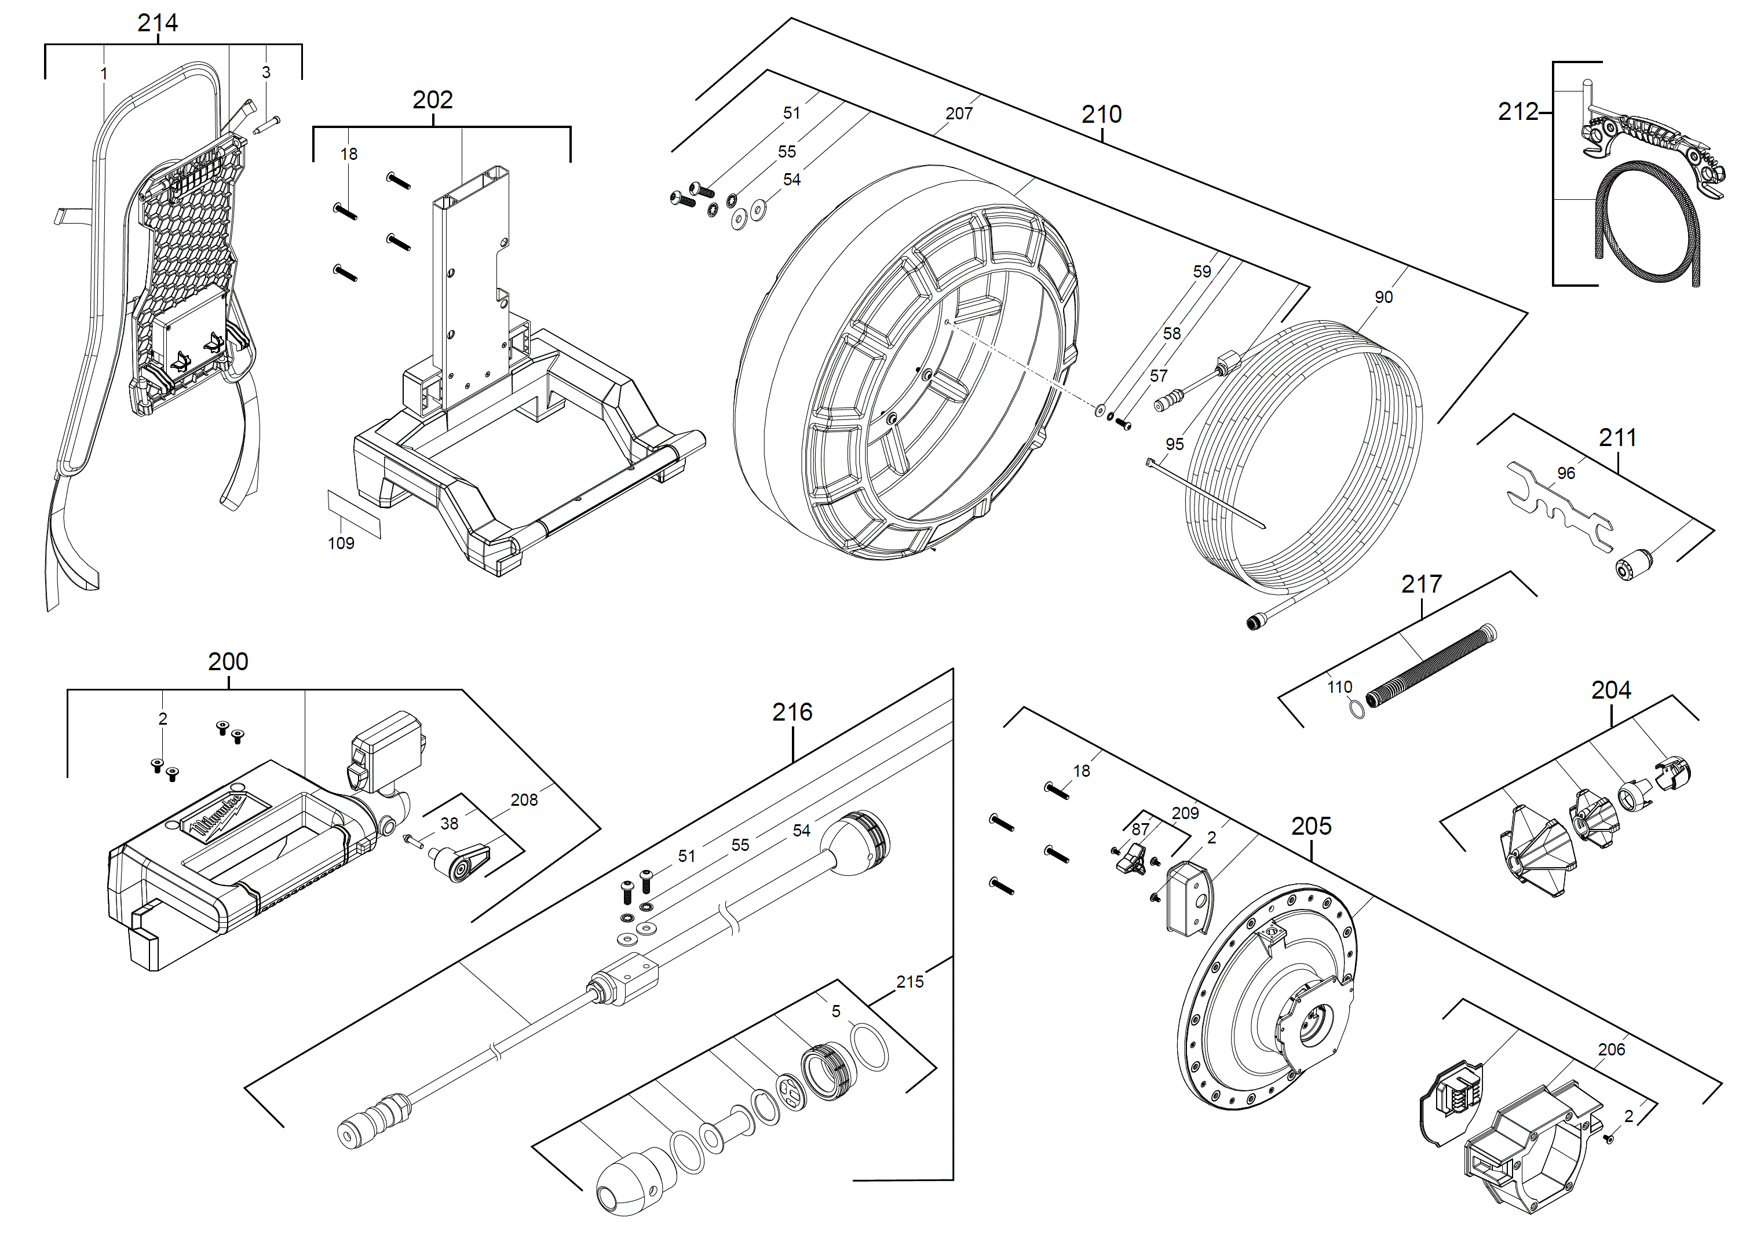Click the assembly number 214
pyautogui.click(x=158, y=23)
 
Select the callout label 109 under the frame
pyautogui.click(x=341, y=543)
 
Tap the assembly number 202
pyautogui.click(x=432, y=100)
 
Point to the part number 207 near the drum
pyautogui.click(x=958, y=114)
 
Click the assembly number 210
pyautogui.click(x=1101, y=114)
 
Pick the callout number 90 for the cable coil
pyautogui.click(x=1383, y=297)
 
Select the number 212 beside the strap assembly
pyautogui.click(x=1518, y=112)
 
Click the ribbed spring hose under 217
pyautogui.click(x=1430, y=666)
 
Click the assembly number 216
pyautogui.click(x=792, y=712)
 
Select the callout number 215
pyautogui.click(x=909, y=982)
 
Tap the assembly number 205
pyautogui.click(x=1311, y=826)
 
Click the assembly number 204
pyautogui.click(x=1610, y=690)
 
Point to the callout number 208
pyautogui.click(x=523, y=799)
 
